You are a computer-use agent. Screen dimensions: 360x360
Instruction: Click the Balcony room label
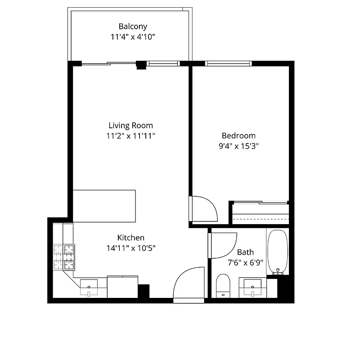pos(133,27)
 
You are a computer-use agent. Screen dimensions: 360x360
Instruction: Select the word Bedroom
pos(238,135)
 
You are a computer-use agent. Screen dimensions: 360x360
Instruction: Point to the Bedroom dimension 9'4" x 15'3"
pos(238,146)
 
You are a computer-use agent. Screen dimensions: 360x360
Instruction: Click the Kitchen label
pos(131,238)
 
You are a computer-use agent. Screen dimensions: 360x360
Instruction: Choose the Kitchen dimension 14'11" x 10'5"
pos(131,248)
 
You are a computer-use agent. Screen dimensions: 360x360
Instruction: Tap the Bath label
pos(245,252)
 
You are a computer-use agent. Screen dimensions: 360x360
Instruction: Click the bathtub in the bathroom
pos(277,252)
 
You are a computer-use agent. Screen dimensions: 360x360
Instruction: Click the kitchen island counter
pos(104,206)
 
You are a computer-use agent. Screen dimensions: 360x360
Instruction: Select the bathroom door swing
pos(222,245)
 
